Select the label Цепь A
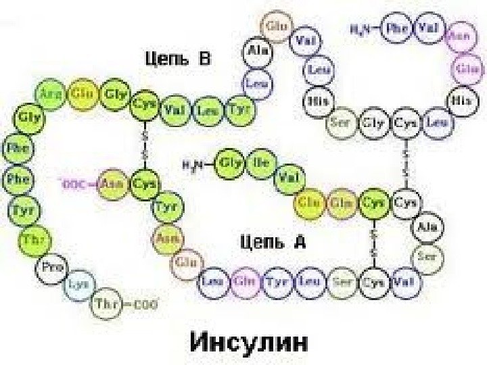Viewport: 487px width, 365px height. click(x=273, y=241)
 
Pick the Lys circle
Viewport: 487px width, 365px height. click(x=78, y=285)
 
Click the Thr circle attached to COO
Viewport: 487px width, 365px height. click(x=107, y=303)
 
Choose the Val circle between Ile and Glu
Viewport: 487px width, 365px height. click(x=289, y=178)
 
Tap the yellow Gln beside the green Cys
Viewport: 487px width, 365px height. click(x=340, y=202)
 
